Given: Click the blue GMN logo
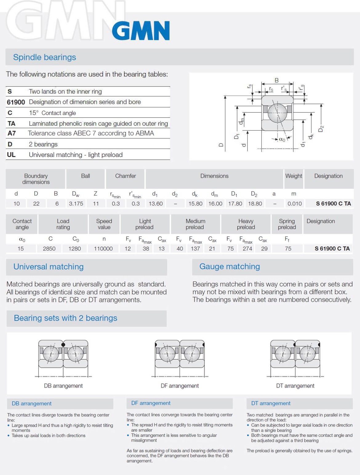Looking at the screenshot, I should coord(141,31).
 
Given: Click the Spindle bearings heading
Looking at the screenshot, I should coord(44,57).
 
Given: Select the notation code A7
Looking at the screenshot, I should coord(12,133).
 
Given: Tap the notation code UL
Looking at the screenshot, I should coord(11,155).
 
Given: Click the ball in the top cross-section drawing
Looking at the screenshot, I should coord(277,113).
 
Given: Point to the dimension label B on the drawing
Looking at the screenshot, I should coord(277,80).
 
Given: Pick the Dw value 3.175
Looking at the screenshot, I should coord(76,204).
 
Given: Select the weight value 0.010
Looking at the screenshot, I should coord(294,204).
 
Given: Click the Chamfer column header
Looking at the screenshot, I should coord(125,176).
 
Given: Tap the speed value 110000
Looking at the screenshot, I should coord(103,248).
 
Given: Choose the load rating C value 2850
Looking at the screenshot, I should coord(49,248).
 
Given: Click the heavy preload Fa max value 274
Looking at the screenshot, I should coord(247,248).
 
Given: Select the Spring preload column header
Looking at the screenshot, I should coord(287,224).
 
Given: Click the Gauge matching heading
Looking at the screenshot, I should coord(230,267).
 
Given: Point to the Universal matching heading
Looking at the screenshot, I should coord(48,267).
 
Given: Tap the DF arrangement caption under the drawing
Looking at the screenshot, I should coord(180,386).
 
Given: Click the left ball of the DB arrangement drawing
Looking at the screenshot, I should coord(51,354).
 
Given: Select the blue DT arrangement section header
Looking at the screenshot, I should coord(271,403).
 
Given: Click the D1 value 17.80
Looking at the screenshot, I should coord(235,204).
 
